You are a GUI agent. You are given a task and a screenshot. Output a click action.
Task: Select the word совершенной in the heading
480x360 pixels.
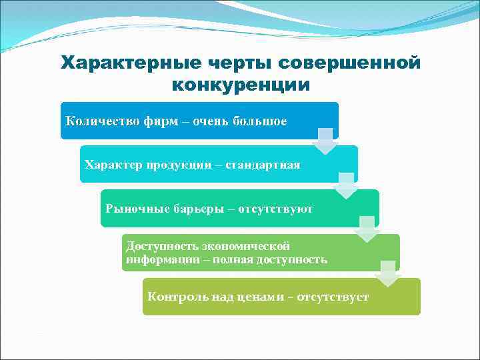point(351,63)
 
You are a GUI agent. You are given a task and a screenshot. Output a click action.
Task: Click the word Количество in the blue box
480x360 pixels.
point(102,121)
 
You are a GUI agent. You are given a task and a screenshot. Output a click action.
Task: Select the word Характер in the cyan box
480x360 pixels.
point(110,165)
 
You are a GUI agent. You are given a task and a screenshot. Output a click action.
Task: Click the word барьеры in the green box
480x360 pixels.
point(191,209)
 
